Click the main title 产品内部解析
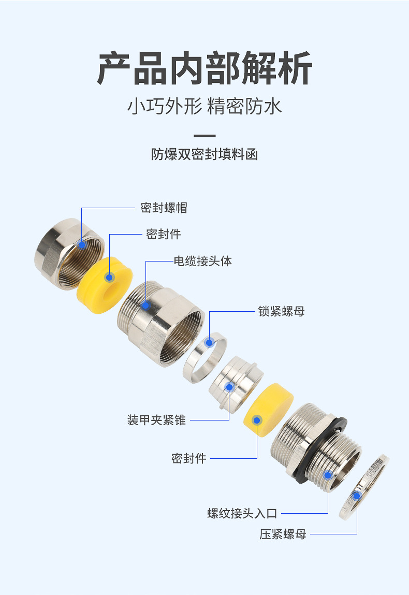tap(204, 68)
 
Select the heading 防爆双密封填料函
tap(204, 154)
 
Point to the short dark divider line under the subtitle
tap(204, 136)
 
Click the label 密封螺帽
tap(164, 208)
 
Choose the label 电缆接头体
tap(202, 261)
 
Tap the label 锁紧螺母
tap(281, 311)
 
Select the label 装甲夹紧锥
tap(156, 420)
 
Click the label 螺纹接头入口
tap(242, 513)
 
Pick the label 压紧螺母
tap(283, 534)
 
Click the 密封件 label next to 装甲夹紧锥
tap(188, 458)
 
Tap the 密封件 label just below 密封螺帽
tap(164, 234)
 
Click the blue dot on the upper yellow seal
tap(109, 277)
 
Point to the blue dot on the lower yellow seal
tap(256, 419)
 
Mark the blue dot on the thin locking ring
tap(209, 342)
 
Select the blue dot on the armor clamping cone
tap(229, 387)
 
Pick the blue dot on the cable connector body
tap(146, 306)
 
